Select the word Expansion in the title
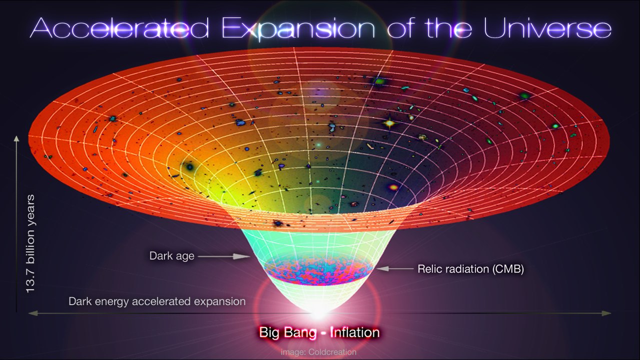pos(298,29)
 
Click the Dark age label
pos(172,256)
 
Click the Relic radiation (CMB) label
pos(470,269)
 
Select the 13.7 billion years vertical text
pos(31,244)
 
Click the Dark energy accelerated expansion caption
pos(157,301)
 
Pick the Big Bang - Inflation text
pos(319,332)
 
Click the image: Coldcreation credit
pos(319,352)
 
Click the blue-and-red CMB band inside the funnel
pos(319,272)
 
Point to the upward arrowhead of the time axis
pos(17,139)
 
